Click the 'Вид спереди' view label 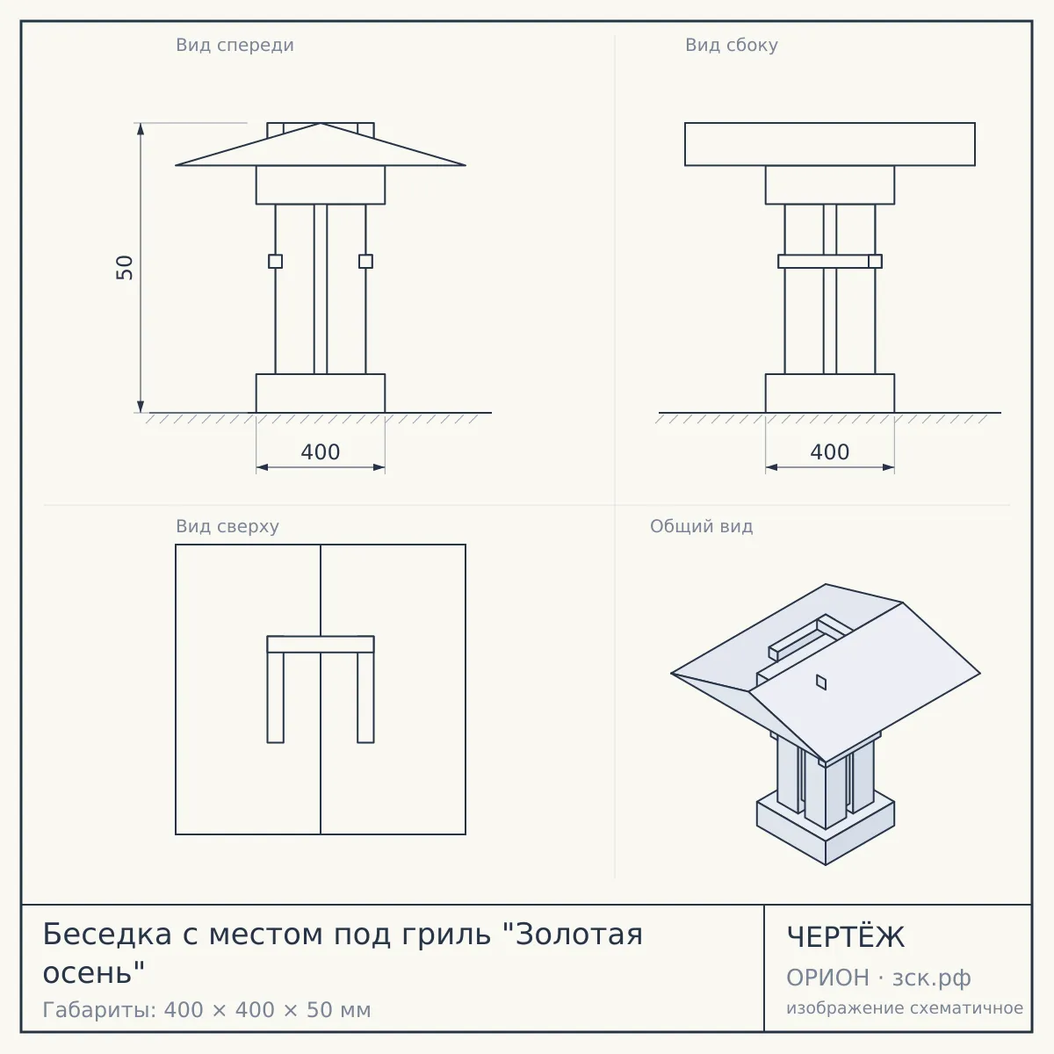235,46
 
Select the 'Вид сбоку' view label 732,46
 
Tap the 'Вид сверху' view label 227,527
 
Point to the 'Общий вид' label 701,526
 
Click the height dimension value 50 125,268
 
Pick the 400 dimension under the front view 321,452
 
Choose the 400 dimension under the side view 830,452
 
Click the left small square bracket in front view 275,262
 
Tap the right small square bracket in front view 365,262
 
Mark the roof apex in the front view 321,123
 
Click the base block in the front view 321,393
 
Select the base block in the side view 830,393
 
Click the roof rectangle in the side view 830,144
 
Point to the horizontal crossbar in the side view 830,262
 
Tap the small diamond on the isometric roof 821,682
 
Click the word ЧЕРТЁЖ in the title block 846,937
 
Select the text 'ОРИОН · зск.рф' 878,978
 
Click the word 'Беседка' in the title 107,935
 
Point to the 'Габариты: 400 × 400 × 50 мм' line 206,1010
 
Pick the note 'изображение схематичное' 905,1007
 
